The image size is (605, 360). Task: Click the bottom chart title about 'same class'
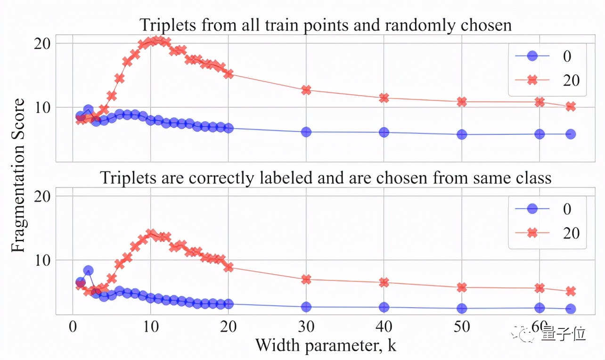(326, 178)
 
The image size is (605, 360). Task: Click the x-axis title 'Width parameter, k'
(326, 345)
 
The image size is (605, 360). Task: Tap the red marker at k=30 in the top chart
(306, 90)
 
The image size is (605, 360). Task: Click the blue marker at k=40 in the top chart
(384, 132)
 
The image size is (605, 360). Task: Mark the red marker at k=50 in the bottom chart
(462, 287)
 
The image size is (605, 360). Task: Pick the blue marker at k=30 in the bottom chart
(306, 307)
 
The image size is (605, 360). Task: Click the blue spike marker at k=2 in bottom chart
(88, 270)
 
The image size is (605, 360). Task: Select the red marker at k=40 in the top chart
(384, 98)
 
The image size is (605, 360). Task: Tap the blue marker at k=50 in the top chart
(462, 134)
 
